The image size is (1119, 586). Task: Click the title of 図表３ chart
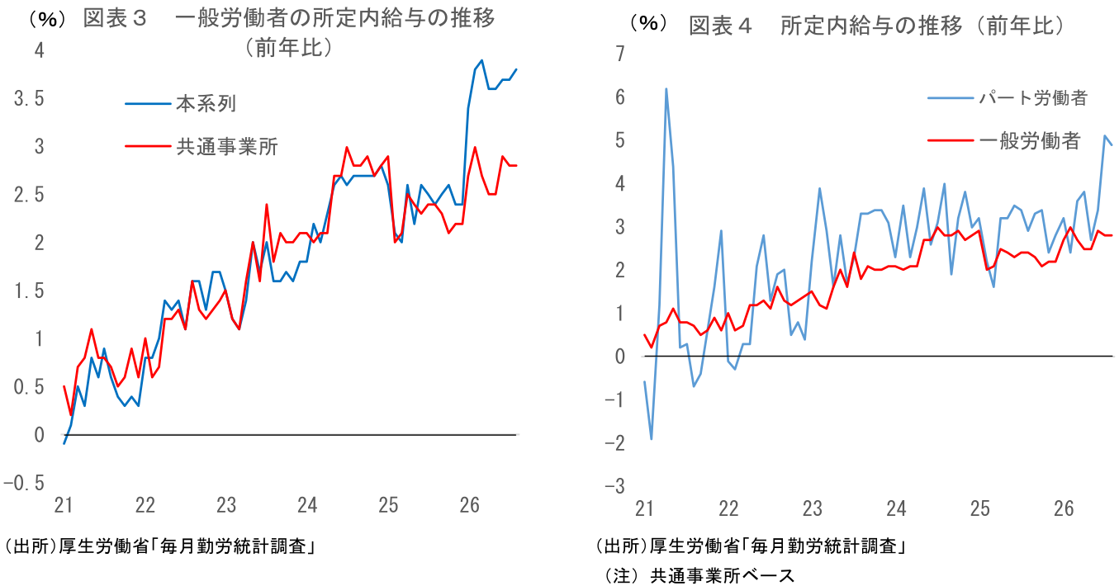pos(289,33)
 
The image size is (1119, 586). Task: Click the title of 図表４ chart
pos(877,26)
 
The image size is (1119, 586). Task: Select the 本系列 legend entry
pos(180,104)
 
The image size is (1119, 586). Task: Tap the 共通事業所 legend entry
pos(201,147)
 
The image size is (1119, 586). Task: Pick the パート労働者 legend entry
pos(1008,98)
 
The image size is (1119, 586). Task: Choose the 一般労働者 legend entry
pos(1004,141)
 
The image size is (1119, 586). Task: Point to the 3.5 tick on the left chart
pos(29,98)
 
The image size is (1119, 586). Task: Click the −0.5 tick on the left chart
pos(24,483)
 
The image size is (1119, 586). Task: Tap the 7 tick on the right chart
pos(620,54)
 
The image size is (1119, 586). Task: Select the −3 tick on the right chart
pos(614,485)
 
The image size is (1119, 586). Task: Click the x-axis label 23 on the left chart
pos(225,505)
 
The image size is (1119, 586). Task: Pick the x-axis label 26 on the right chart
pos(1064,508)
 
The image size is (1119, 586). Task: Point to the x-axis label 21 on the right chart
pos(644,508)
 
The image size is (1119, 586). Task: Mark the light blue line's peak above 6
pos(666,89)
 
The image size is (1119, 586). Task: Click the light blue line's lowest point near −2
pos(652,439)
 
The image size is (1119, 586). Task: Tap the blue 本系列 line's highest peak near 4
pos(481,60)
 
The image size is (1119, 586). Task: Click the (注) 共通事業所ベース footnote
pos(699,575)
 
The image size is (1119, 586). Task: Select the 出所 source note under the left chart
pos(160,546)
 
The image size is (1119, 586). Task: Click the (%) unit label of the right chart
pos(648,22)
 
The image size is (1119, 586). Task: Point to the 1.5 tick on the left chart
pos(29,291)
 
